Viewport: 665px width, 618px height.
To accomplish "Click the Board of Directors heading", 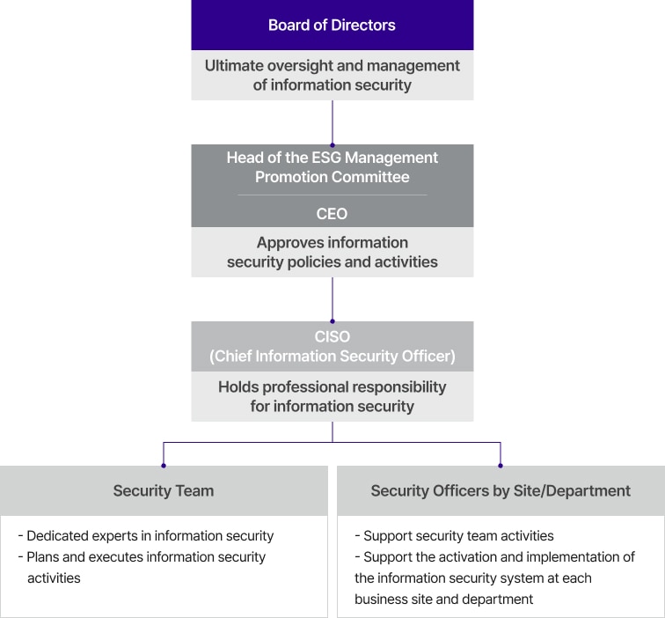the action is [332, 25].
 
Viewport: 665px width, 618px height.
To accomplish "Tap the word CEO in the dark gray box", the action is [332, 214].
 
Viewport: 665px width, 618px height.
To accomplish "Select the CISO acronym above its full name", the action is [332, 336].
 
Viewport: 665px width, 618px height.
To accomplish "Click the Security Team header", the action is [164, 490].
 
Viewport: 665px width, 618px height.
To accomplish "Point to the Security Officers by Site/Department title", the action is [501, 490].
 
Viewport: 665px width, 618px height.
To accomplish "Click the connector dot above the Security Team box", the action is [164, 466].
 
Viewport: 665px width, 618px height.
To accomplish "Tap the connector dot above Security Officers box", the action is [501, 466].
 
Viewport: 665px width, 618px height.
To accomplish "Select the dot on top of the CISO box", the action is [332, 321].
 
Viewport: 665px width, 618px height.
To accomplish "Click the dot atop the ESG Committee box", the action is [332, 145].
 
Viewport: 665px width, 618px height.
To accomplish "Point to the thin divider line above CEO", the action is [332, 195].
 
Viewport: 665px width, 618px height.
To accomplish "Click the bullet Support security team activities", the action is [454, 535].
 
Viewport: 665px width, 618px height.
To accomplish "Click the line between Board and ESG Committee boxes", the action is [332, 122].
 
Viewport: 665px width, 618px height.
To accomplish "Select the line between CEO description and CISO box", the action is [332, 299].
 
